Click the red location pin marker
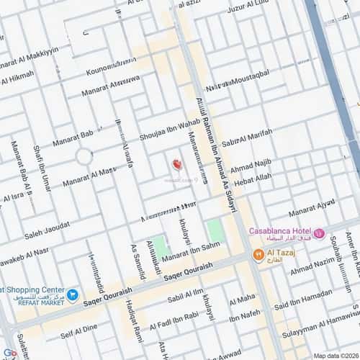176,165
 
